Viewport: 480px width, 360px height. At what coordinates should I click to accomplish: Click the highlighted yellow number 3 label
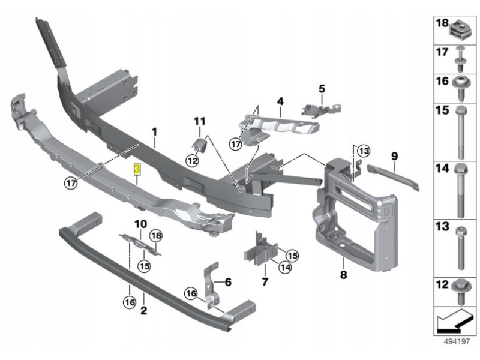pos(137,170)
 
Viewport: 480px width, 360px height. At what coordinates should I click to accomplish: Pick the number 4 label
pos(280,103)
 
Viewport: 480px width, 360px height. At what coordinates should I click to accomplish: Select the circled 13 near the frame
pos(365,150)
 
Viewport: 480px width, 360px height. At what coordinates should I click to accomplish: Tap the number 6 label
pos(228,281)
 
